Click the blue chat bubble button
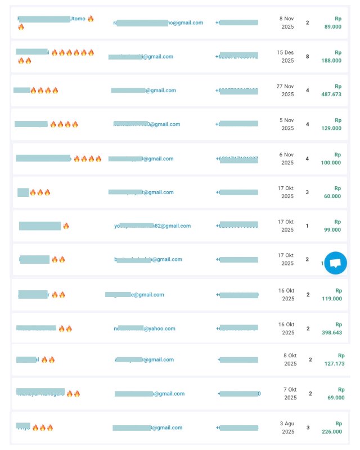335,263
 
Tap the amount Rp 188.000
333,57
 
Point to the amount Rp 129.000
333,124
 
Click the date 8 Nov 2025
288,22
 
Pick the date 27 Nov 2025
286,90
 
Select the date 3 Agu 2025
287,427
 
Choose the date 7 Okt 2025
290,393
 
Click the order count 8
307,56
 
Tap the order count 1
307,226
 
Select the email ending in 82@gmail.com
152,226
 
